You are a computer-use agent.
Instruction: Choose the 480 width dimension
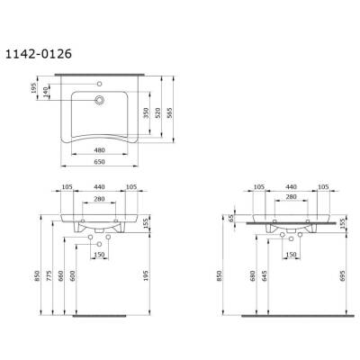103,150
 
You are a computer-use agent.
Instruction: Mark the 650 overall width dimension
103,162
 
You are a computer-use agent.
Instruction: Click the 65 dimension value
232,218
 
